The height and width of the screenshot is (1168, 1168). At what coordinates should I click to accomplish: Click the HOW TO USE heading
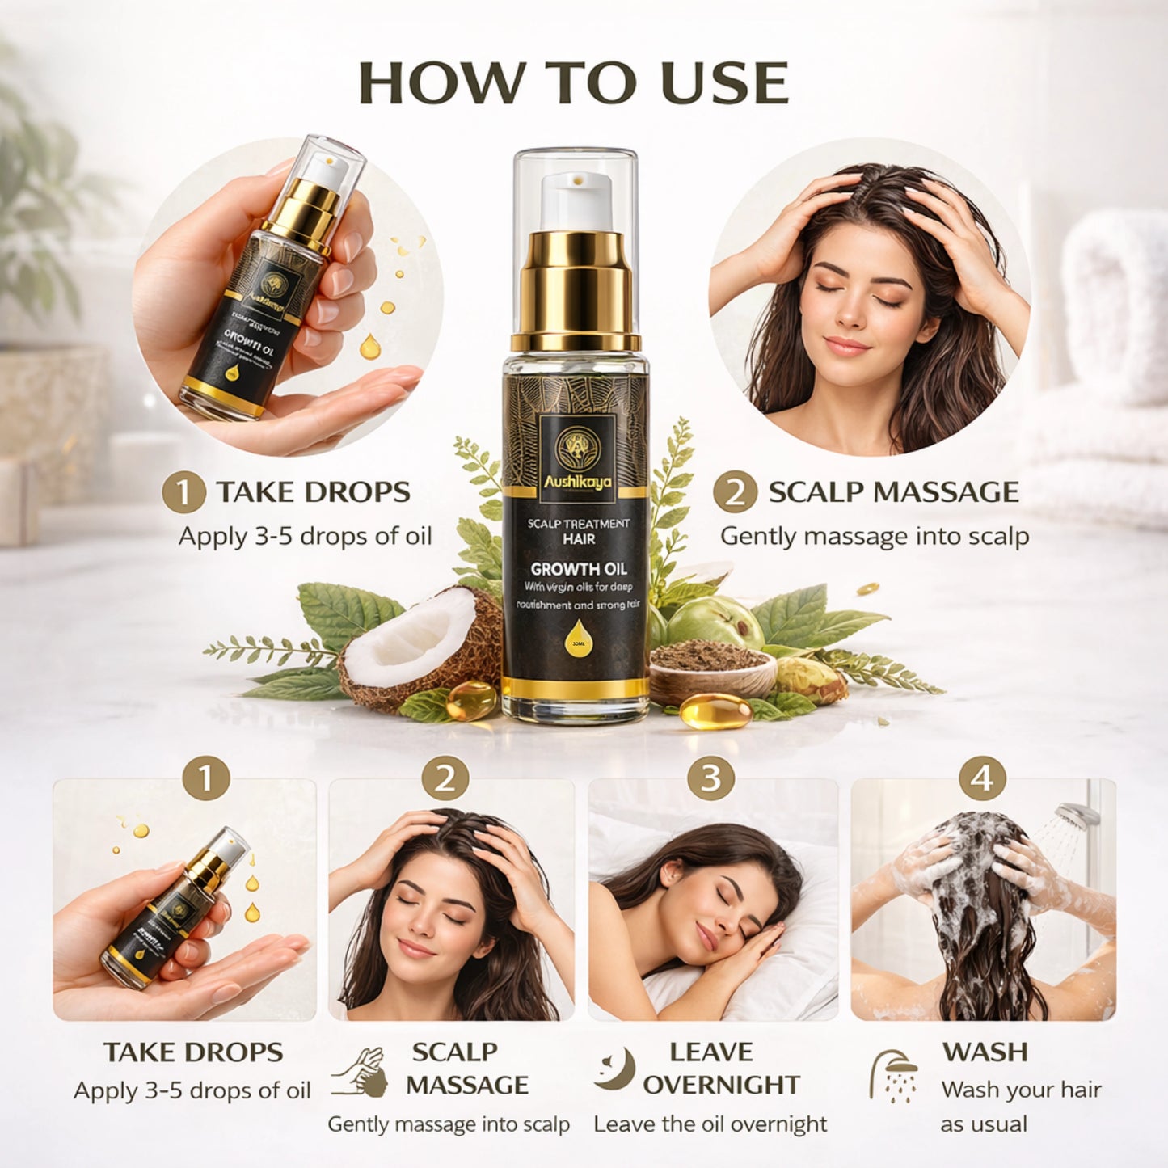click(573, 82)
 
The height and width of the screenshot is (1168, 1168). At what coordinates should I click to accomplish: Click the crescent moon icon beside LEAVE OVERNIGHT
click(614, 1069)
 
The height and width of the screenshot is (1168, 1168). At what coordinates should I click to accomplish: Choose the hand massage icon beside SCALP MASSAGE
click(359, 1072)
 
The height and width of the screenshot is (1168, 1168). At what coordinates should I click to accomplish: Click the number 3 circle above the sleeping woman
click(710, 778)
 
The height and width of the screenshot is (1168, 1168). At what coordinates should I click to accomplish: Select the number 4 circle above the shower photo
click(982, 778)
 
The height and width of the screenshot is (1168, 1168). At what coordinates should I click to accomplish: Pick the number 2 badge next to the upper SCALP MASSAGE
click(735, 493)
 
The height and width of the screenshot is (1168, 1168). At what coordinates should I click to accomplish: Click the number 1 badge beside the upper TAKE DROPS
click(183, 493)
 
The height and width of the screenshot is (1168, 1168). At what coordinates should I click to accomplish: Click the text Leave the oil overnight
click(710, 1124)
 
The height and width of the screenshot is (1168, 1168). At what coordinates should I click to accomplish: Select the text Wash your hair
click(1021, 1090)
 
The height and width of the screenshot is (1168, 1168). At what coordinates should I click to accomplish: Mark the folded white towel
click(1115, 307)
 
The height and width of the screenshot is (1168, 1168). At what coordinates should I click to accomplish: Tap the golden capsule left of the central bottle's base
click(470, 701)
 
